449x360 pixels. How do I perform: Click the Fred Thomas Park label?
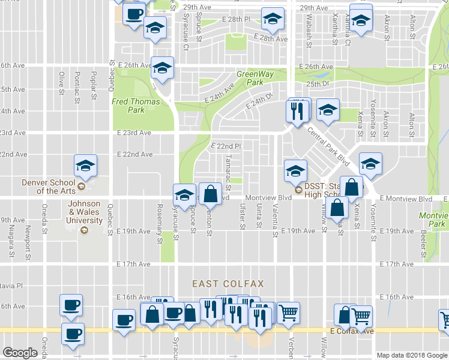pyautogui.click(x=136, y=106)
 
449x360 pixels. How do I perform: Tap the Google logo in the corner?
pyautogui.click(x=20, y=353)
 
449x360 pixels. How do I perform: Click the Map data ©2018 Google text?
pyautogui.click(x=412, y=355)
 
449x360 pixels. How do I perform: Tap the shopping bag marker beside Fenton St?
pyautogui.click(x=209, y=194)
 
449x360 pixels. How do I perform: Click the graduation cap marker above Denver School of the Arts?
pyautogui.click(x=86, y=166)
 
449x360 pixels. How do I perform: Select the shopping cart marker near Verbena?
pyautogui.click(x=288, y=312)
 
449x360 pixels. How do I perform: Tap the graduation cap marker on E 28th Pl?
pyautogui.click(x=272, y=19)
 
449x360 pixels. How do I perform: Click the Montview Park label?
pyautogui.click(x=435, y=220)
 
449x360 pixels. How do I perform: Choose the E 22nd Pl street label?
pyautogui.click(x=226, y=146)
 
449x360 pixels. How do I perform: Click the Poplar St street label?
pyautogui.click(x=93, y=83)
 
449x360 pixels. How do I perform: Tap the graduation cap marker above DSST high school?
pyautogui.click(x=295, y=171)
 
